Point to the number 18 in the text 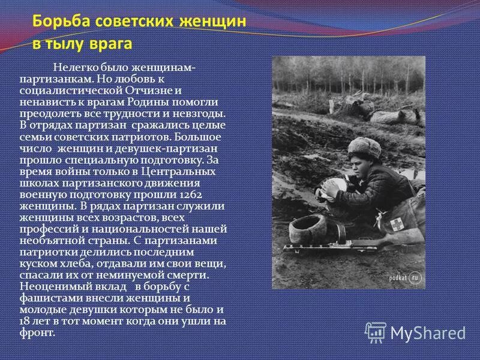tap(26, 321)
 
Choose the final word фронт tap(37, 331)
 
